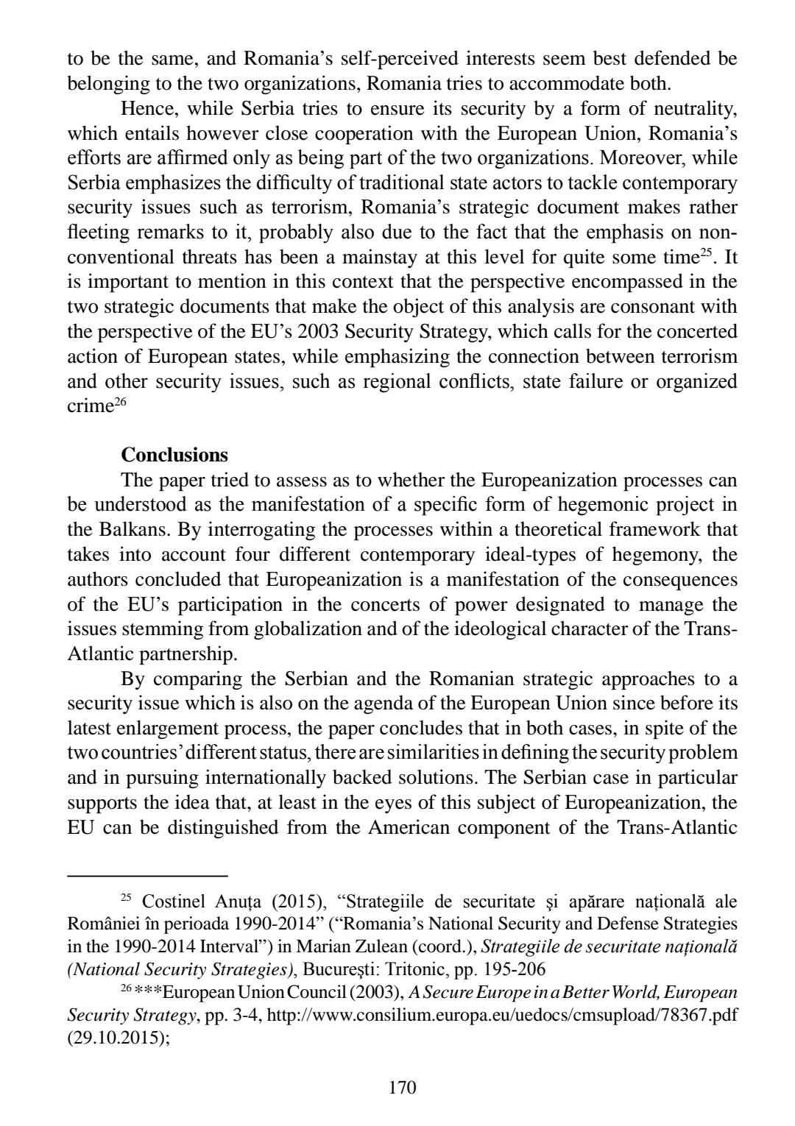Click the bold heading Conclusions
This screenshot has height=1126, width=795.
pos(174,454)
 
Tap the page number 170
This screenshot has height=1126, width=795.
pos(402,1087)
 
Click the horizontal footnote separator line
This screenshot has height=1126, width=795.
pos(147,876)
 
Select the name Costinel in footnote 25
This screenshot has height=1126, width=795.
pos(168,901)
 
